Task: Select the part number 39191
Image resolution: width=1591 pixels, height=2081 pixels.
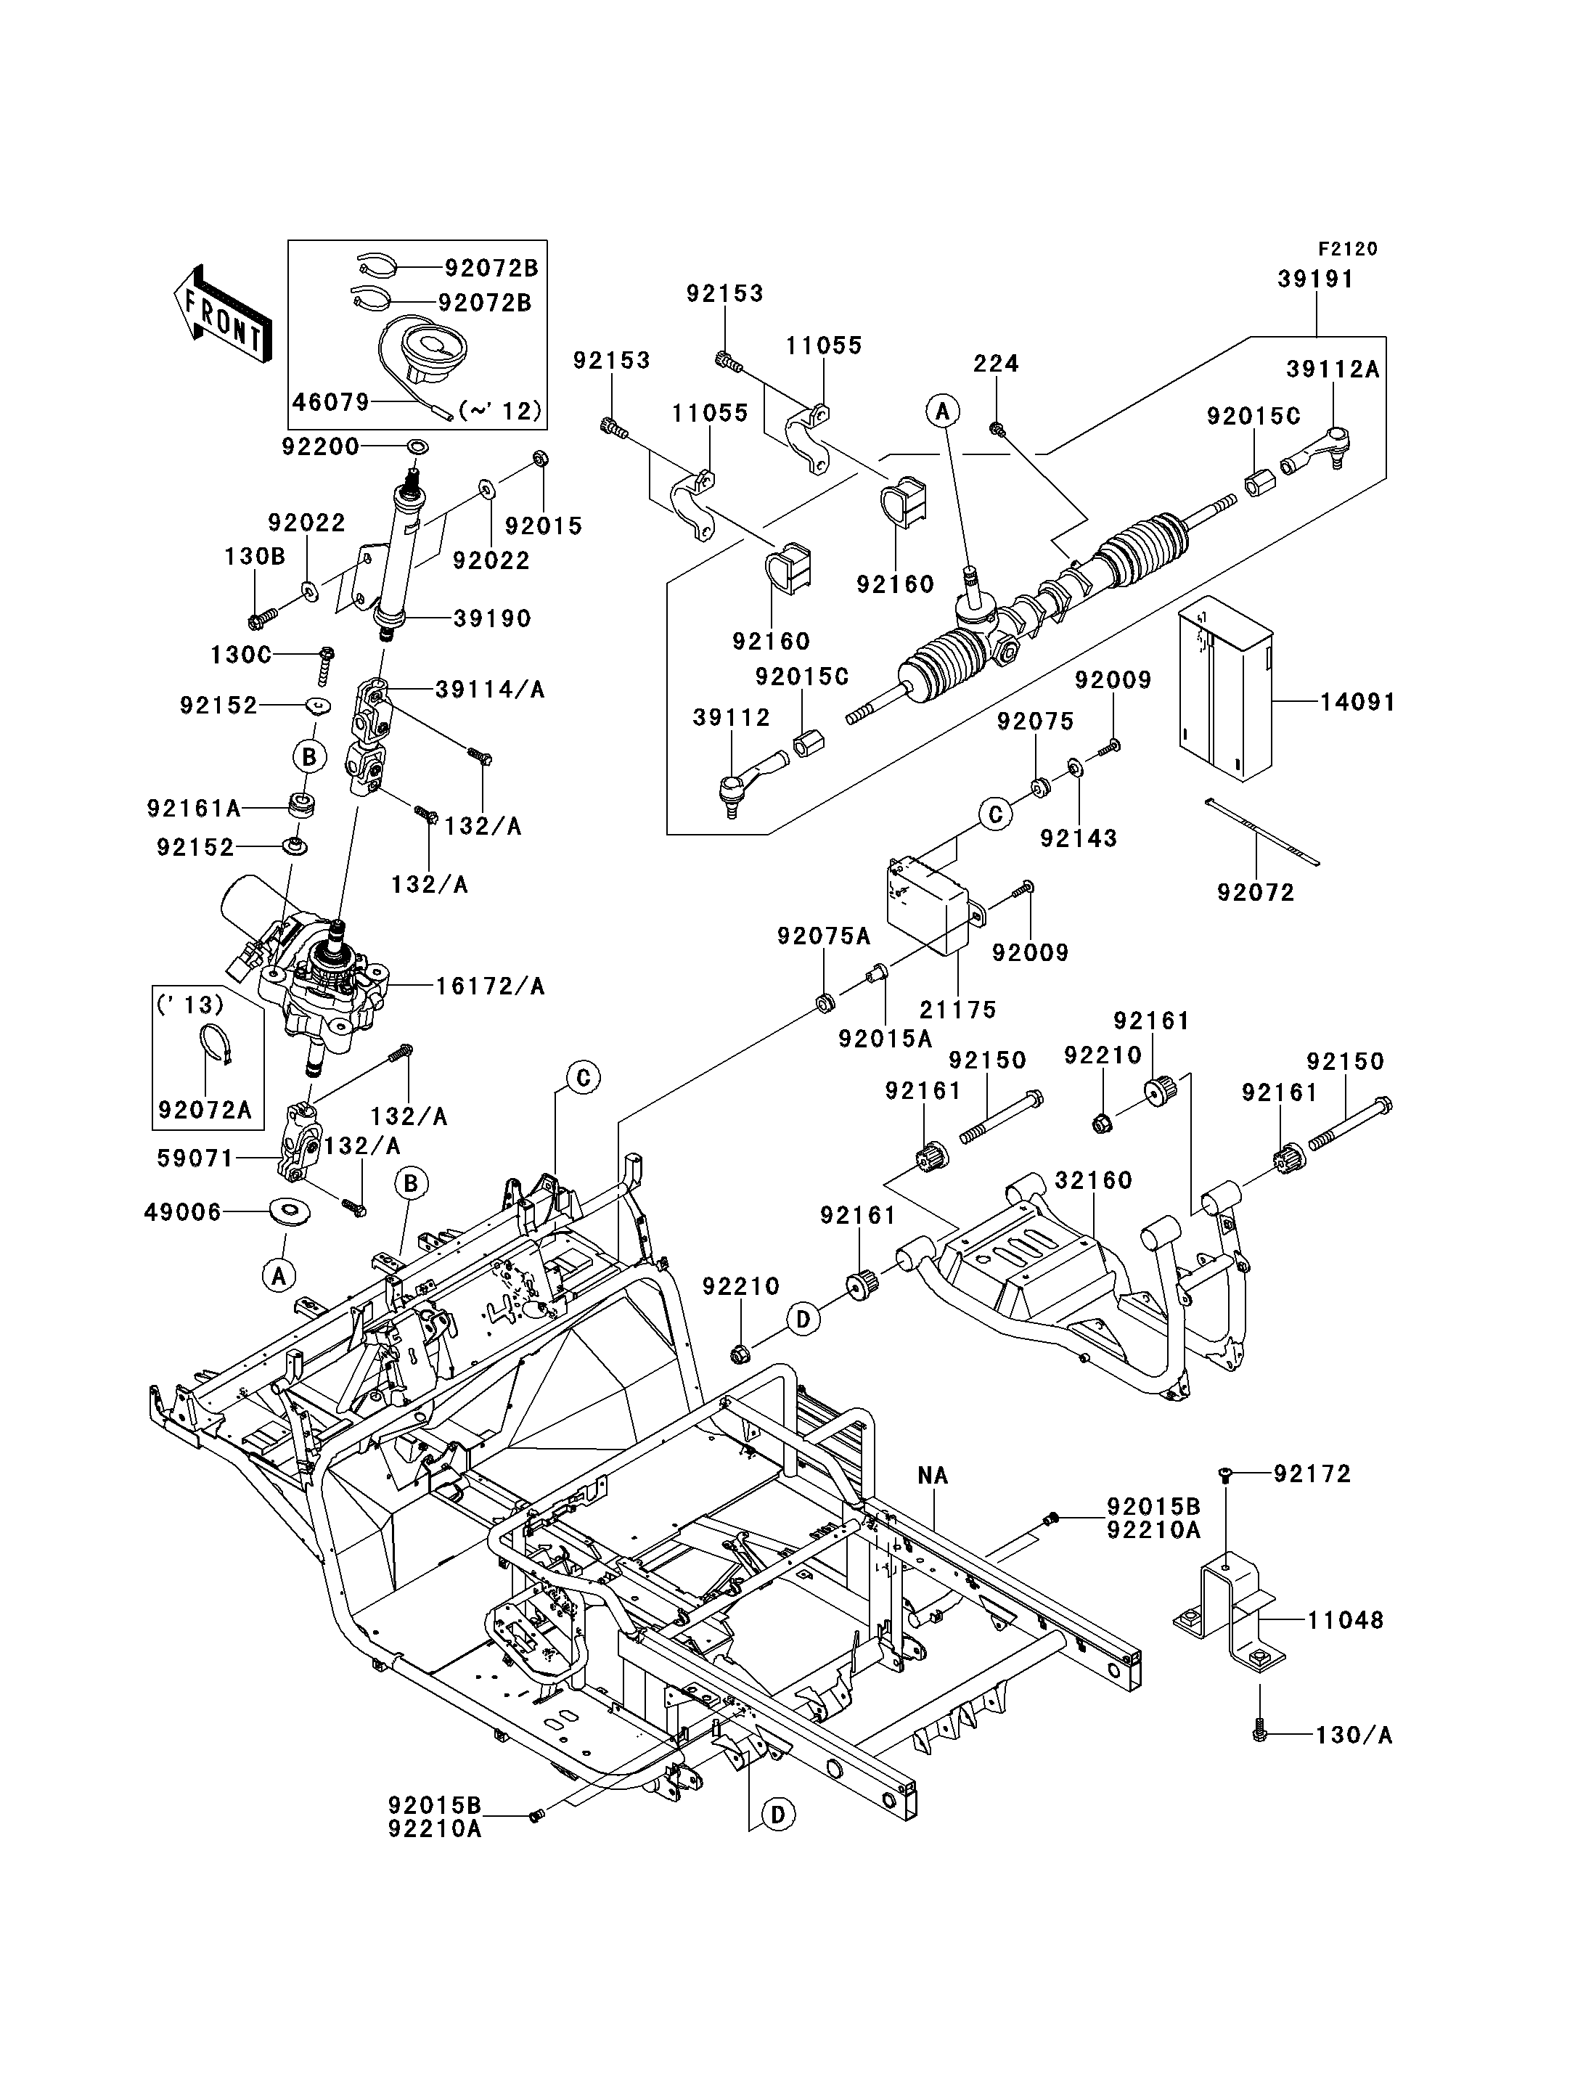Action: tap(1315, 279)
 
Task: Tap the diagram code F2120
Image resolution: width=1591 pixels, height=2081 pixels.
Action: tap(1348, 249)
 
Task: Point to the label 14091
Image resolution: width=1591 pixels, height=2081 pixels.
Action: tap(1358, 702)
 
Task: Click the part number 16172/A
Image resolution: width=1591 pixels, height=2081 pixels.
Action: tap(491, 986)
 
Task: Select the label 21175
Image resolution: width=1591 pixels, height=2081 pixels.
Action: tap(958, 1010)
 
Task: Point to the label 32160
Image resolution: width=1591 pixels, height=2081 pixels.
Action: tap(1094, 1180)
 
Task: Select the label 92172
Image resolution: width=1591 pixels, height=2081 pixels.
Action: tap(1312, 1474)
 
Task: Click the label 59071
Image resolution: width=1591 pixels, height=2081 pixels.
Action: tap(196, 1158)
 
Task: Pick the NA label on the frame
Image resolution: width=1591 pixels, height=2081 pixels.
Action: tap(933, 1475)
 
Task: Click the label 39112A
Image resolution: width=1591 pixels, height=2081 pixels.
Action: tap(1333, 369)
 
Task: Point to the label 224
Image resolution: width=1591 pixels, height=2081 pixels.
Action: tap(997, 364)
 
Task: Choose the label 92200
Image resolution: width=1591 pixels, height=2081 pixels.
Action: tap(321, 446)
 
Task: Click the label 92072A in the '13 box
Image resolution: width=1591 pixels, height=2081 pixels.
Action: tap(205, 1110)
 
